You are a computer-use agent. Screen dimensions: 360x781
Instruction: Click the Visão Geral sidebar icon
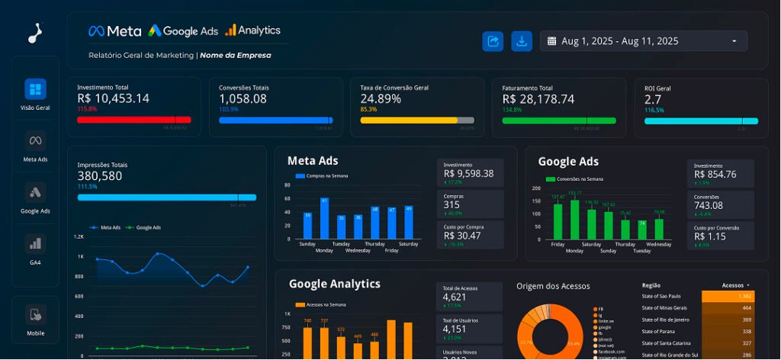pos(35,89)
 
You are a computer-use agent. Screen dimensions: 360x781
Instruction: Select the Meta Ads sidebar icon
pos(35,140)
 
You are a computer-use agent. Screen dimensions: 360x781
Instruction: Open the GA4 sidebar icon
pos(35,243)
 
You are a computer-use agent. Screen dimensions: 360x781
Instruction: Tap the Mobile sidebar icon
pos(35,313)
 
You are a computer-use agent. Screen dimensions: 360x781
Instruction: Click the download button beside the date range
pos(522,41)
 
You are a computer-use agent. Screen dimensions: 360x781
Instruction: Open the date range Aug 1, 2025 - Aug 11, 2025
pos(643,41)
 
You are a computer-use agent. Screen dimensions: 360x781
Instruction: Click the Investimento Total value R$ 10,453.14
pos(113,98)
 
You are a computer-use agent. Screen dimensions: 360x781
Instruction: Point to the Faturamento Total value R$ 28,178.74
pos(538,98)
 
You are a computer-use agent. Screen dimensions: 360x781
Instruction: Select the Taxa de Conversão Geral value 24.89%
pos(381,98)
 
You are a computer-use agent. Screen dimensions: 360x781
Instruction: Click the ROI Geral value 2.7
pos(653,98)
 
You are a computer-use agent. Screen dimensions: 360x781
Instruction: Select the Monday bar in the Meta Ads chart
pos(324,218)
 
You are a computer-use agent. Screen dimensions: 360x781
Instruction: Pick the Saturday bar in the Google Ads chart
pos(592,223)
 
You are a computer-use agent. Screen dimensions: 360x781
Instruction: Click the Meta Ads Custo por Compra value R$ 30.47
pos(462,236)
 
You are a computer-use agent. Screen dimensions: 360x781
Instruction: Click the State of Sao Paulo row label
pos(661,296)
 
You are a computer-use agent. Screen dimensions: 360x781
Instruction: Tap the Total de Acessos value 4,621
pos(454,297)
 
